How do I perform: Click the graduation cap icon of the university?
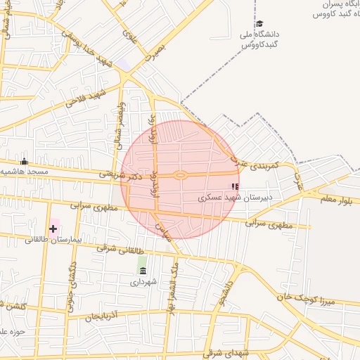[x=259, y=24]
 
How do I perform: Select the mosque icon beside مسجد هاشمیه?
[x=25, y=161]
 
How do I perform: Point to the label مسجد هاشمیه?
[x=24, y=172]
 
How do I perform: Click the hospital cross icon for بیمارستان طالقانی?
[x=53, y=229]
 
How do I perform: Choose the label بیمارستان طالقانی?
[x=54, y=240]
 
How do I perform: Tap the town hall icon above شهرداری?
[x=143, y=271]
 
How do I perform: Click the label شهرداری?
[x=143, y=282]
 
